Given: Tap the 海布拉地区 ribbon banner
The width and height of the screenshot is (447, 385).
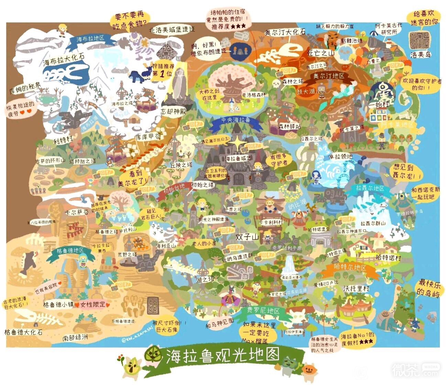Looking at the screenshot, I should pos(90,39).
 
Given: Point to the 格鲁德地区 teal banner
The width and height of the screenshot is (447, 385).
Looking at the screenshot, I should pos(71,250).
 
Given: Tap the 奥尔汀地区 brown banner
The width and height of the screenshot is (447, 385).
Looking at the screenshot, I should pos(328,76).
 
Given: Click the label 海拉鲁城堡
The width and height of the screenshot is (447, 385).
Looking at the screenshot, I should pos(238,159).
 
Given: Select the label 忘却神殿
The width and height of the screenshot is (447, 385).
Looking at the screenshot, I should pos(173,111).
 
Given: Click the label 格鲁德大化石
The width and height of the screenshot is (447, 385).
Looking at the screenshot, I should pos(23,332).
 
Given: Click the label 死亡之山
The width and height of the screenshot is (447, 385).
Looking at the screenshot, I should pos(320,53).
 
